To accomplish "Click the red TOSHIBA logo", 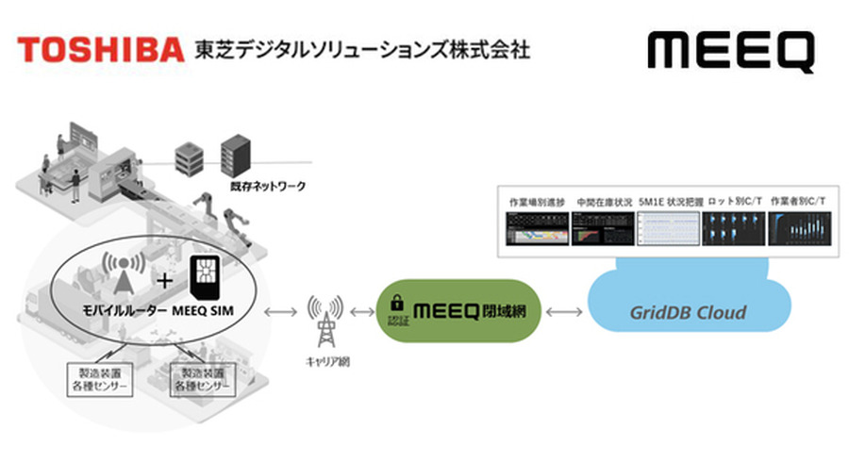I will click(x=99, y=49).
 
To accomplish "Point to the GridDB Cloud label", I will click(x=689, y=312).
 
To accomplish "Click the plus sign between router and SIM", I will click(x=164, y=280).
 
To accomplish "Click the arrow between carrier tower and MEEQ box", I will click(x=360, y=311).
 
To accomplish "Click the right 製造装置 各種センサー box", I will click(x=201, y=380).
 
